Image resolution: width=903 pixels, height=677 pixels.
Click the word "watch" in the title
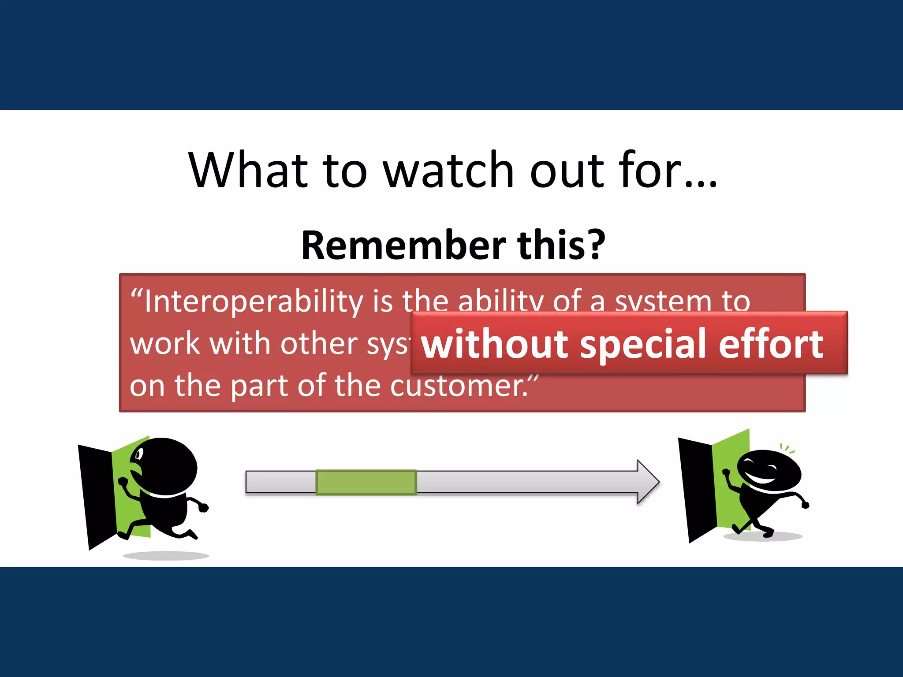pyautogui.click(x=448, y=170)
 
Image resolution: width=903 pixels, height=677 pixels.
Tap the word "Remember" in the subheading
pyautogui.click(x=403, y=245)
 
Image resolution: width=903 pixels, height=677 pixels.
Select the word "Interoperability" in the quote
pyautogui.click(x=254, y=301)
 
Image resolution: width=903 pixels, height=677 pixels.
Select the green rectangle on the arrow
pyautogui.click(x=366, y=482)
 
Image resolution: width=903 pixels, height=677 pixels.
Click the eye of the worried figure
pyautogui.click(x=139, y=454)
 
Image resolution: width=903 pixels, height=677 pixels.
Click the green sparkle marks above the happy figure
pyautogui.click(x=787, y=449)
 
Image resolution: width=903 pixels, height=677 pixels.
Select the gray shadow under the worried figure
pyautogui.click(x=166, y=556)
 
